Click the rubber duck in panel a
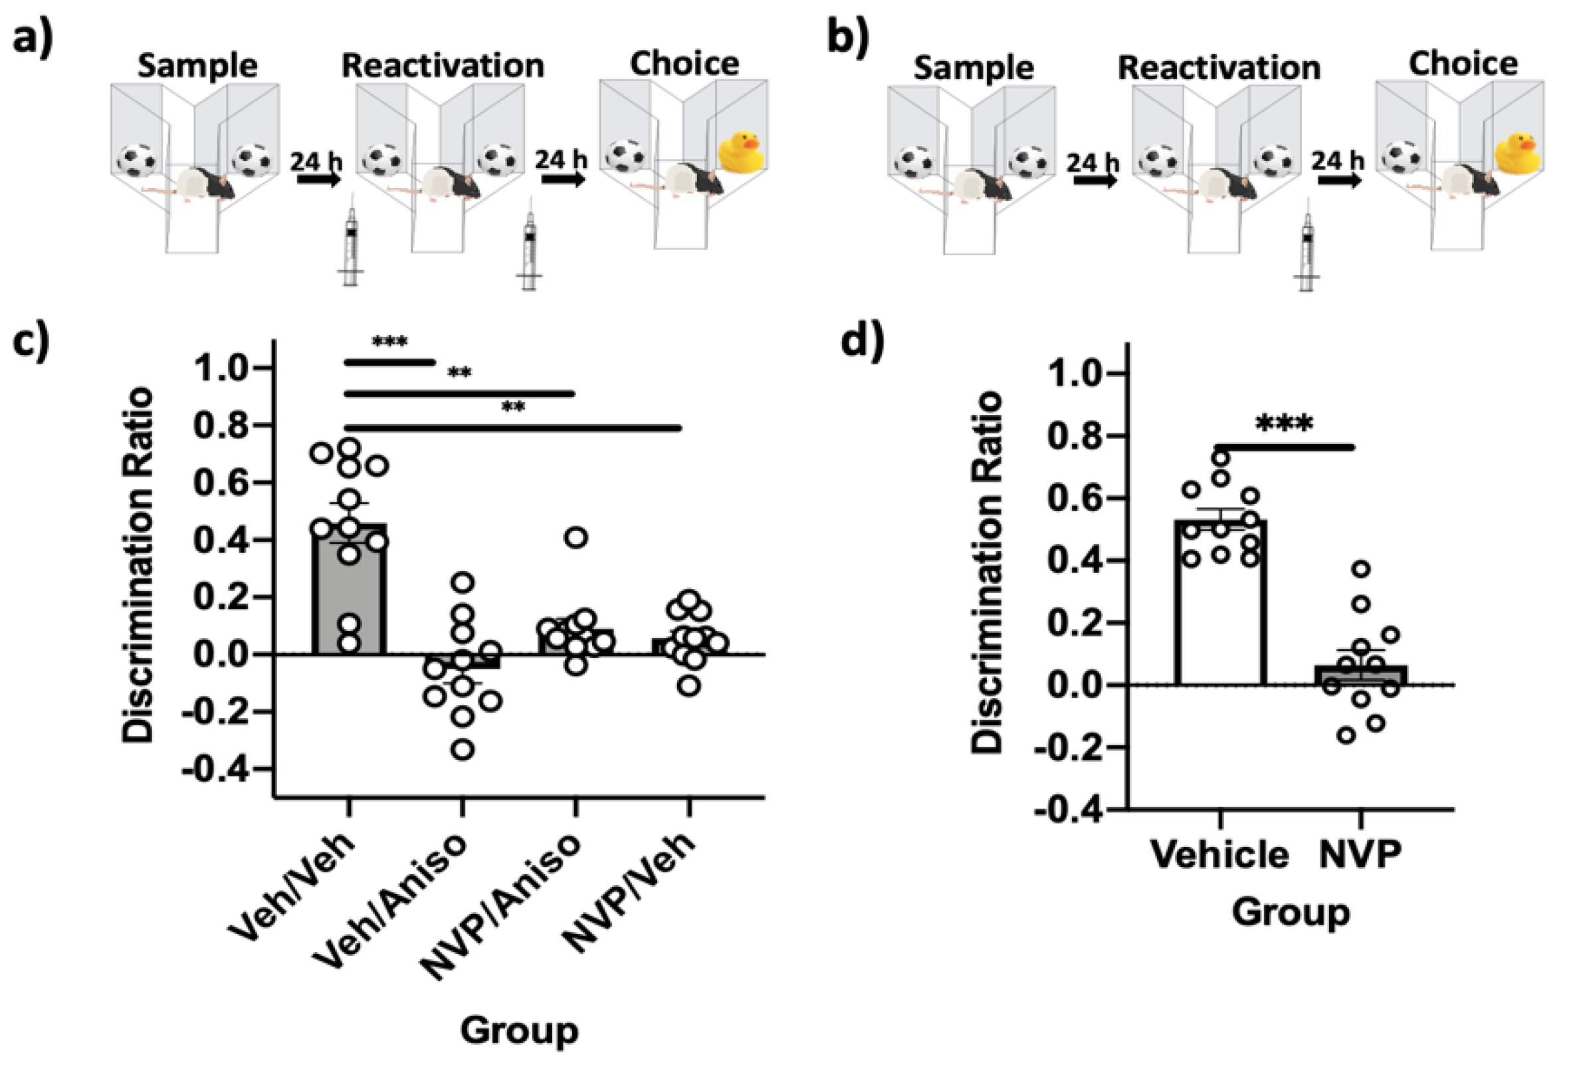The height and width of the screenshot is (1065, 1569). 741,152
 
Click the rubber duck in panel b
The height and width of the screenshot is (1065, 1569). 1518,154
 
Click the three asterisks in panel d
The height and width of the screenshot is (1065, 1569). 1284,424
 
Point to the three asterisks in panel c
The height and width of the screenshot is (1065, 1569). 389,342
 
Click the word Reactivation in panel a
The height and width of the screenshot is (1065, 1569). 443,66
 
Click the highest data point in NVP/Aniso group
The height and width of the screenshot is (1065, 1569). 576,538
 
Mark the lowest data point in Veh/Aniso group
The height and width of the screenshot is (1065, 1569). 463,750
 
